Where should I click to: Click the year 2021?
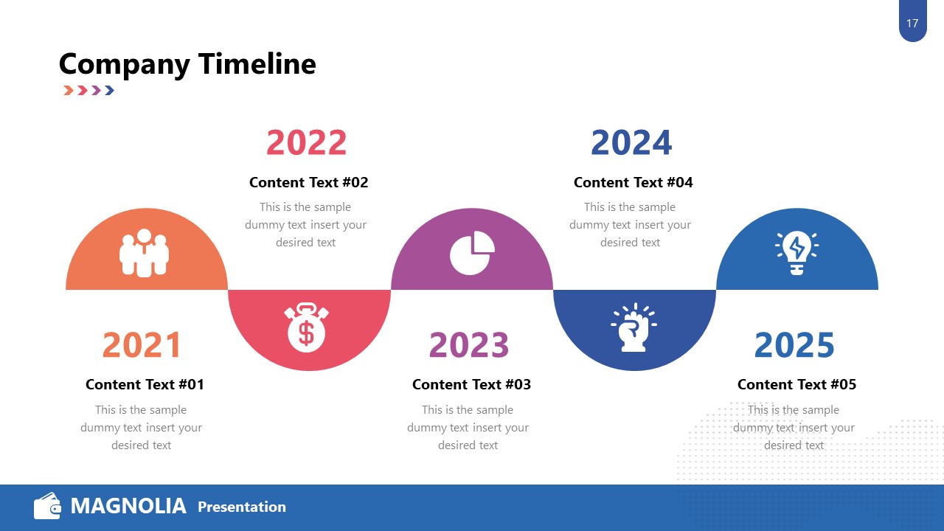tap(142, 345)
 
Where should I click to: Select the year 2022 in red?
tap(306, 143)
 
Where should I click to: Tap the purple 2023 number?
tap(468, 345)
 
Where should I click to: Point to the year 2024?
tap(631, 143)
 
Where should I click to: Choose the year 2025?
tap(794, 345)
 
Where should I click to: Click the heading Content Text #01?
tap(145, 384)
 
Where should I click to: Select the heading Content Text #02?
tap(308, 182)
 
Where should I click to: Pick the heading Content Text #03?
tap(471, 384)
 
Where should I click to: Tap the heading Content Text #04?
tap(633, 182)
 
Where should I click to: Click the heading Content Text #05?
tap(796, 384)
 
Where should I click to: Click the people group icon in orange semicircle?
tap(144, 253)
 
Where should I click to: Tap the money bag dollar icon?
tap(306, 326)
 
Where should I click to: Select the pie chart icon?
tap(472, 253)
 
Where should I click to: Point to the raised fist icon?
tap(633, 327)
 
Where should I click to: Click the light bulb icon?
tap(796, 253)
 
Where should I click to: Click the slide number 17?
tap(912, 24)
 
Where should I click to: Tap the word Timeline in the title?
tap(257, 65)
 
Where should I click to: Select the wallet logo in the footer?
tap(47, 506)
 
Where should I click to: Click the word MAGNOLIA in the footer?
tap(128, 506)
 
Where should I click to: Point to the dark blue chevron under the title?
tap(109, 91)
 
